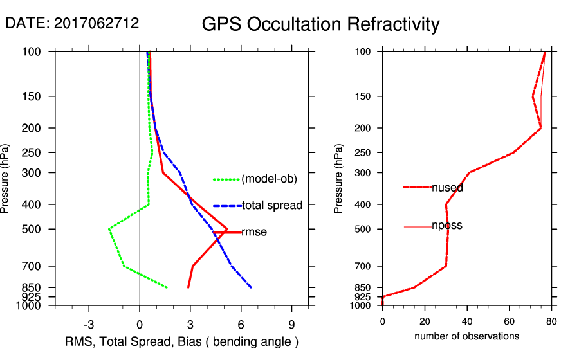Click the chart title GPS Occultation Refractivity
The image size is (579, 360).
pyautogui.click(x=320, y=24)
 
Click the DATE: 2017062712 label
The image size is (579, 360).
pyautogui.click(x=72, y=23)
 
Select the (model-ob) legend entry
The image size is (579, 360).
pyautogui.click(x=269, y=179)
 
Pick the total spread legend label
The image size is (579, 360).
pyautogui.click(x=272, y=206)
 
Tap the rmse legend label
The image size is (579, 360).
pyautogui.click(x=254, y=232)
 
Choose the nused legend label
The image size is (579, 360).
pyautogui.click(x=447, y=188)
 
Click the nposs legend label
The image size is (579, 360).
pyautogui.click(x=447, y=226)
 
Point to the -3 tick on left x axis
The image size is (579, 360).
pyautogui.click(x=89, y=323)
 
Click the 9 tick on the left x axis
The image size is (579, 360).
pyautogui.click(x=291, y=323)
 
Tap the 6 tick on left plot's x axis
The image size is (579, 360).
pyautogui.click(x=241, y=323)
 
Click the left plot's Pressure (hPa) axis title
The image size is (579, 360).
pyautogui.click(x=6, y=178)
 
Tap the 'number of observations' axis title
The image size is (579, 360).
pyautogui.click(x=466, y=336)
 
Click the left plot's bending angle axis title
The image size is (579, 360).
pyautogui.click(x=182, y=341)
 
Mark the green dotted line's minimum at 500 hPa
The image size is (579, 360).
pyautogui.click(x=109, y=229)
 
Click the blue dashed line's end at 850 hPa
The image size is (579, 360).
pyautogui.click(x=251, y=287)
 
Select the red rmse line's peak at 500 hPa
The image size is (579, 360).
pyautogui.click(x=227, y=229)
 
